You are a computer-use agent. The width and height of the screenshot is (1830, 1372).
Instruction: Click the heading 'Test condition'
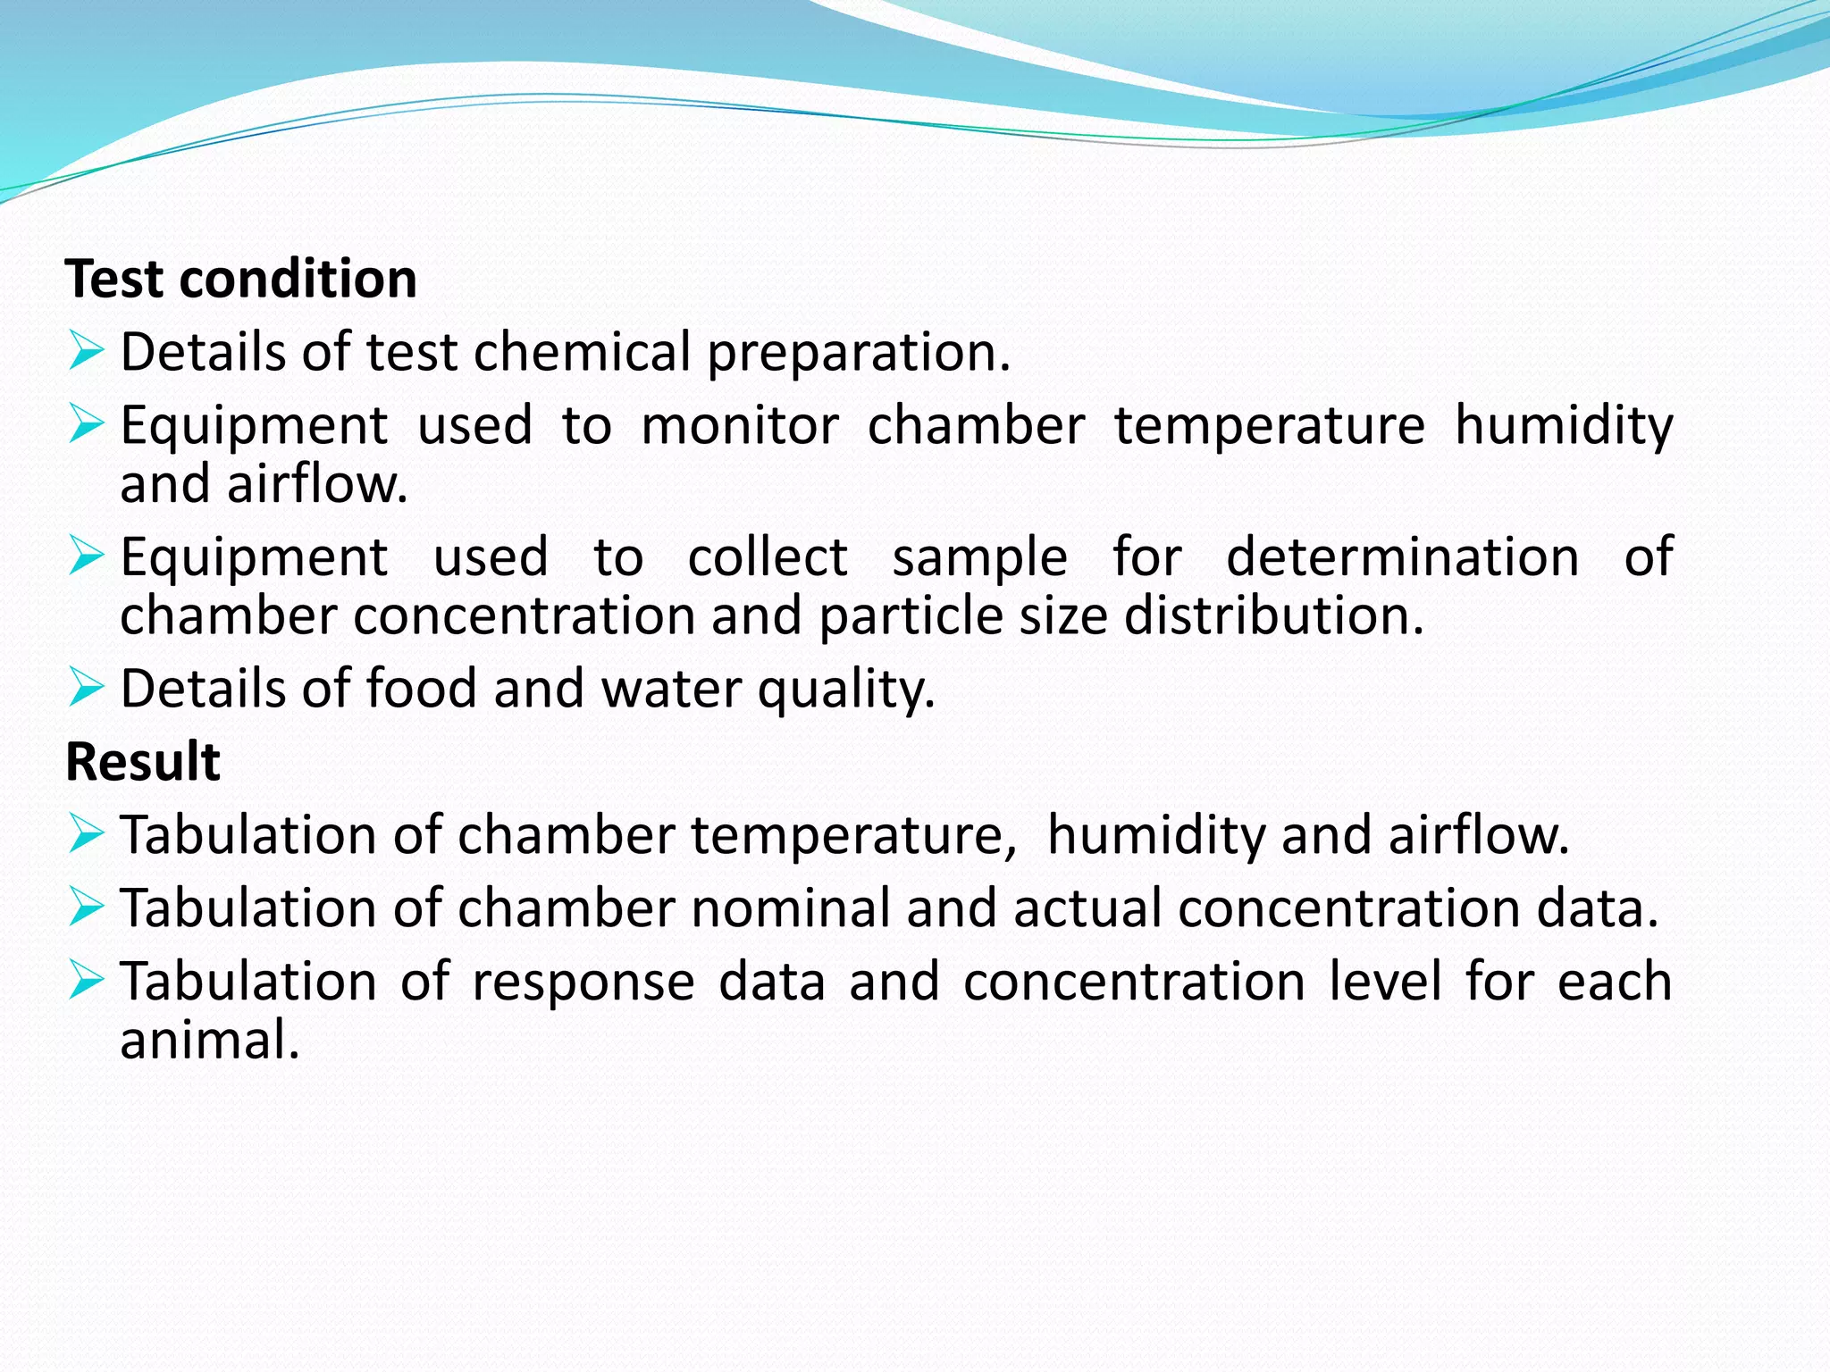[241, 279]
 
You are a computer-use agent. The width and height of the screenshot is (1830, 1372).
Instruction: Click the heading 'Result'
[143, 762]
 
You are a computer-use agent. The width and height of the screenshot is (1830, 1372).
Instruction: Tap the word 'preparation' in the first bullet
[858, 353]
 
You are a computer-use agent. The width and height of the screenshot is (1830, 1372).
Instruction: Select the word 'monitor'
[740, 425]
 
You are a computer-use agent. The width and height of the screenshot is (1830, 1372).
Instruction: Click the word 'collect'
[767, 557]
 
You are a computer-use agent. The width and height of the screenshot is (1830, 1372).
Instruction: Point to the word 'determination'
[1402, 557]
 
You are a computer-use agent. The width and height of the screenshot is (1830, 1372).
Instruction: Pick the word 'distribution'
[1273, 616]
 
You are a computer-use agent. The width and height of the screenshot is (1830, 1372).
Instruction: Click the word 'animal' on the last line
[208, 1041]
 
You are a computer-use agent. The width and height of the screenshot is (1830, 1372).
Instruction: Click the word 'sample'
[979, 557]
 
